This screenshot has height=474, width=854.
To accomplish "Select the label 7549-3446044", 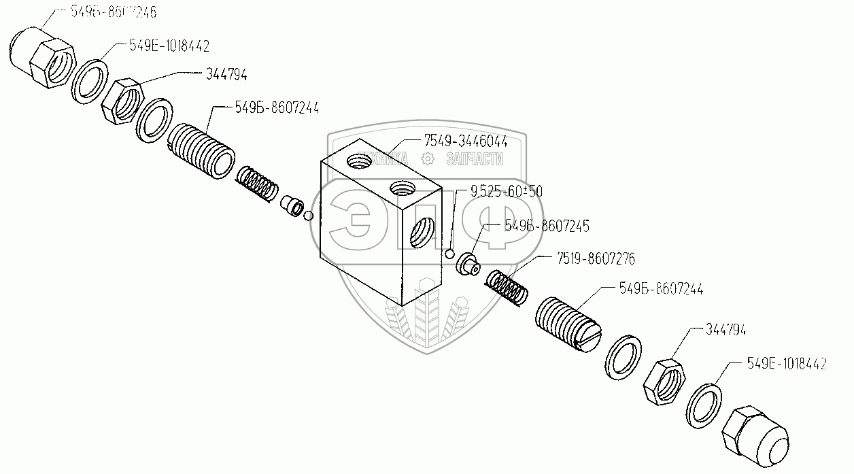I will [466, 141].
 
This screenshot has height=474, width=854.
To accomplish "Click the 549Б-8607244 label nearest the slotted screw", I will [661, 289].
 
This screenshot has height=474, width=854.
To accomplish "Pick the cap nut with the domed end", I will [756, 433].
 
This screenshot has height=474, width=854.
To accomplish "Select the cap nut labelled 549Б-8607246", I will [41, 52].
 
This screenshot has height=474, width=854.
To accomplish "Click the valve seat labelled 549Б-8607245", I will [468, 264].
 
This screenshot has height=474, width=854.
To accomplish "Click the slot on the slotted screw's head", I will [587, 338].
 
